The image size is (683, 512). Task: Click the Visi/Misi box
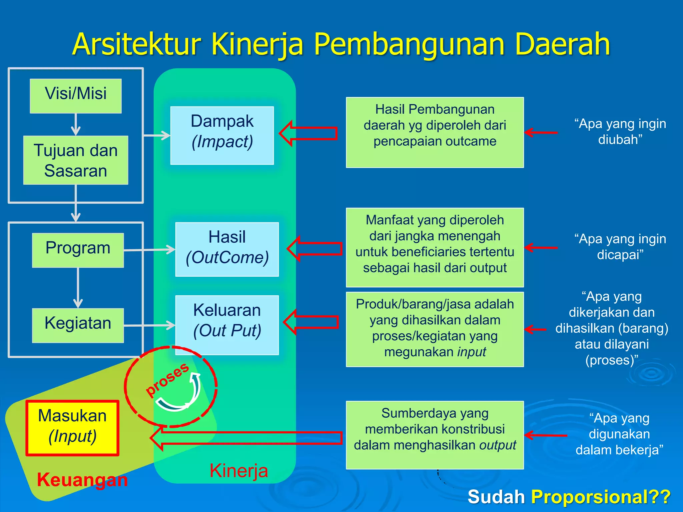click(x=76, y=96)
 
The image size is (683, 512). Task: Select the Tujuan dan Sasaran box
click(x=76, y=160)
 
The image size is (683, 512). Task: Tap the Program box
click(x=78, y=250)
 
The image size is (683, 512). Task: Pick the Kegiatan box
click(x=78, y=325)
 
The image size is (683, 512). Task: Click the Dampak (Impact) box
click(x=222, y=135)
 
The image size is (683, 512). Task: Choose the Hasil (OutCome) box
click(x=227, y=249)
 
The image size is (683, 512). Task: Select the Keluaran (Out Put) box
click(x=227, y=325)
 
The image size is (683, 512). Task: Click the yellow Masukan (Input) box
click(x=72, y=428)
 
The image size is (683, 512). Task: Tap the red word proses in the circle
click(x=167, y=380)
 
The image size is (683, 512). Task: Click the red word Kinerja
click(x=239, y=471)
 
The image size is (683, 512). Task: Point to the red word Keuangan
click(x=82, y=480)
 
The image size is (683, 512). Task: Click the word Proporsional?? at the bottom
click(x=601, y=497)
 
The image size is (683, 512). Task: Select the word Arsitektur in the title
click(x=137, y=44)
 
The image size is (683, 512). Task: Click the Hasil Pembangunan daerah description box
click(x=435, y=132)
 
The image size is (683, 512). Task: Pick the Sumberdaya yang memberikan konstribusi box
click(x=435, y=435)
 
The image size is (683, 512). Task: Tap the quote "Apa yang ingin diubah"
click(x=620, y=131)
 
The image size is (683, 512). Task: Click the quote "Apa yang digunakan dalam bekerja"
click(x=619, y=434)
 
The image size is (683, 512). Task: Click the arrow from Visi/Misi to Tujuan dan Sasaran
click(x=76, y=125)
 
